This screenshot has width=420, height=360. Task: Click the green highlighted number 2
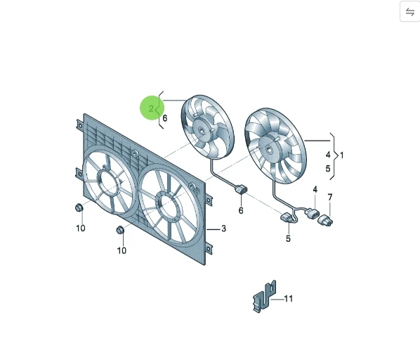[151, 108]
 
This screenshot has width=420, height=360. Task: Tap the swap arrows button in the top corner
[409, 12]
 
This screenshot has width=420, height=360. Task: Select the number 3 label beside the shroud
[223, 229]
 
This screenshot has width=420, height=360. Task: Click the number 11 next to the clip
[288, 299]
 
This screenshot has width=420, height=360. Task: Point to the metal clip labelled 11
[263, 296]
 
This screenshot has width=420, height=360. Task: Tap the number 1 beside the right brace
[342, 154]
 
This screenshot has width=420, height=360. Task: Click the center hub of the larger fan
[270, 146]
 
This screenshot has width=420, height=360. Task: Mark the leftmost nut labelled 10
[79, 208]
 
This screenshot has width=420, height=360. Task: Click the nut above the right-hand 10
[120, 231]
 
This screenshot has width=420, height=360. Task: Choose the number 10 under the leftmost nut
[80, 228]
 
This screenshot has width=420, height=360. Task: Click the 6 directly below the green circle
[164, 118]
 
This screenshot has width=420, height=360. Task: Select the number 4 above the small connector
[315, 190]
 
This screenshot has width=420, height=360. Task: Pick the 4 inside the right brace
[327, 154]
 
